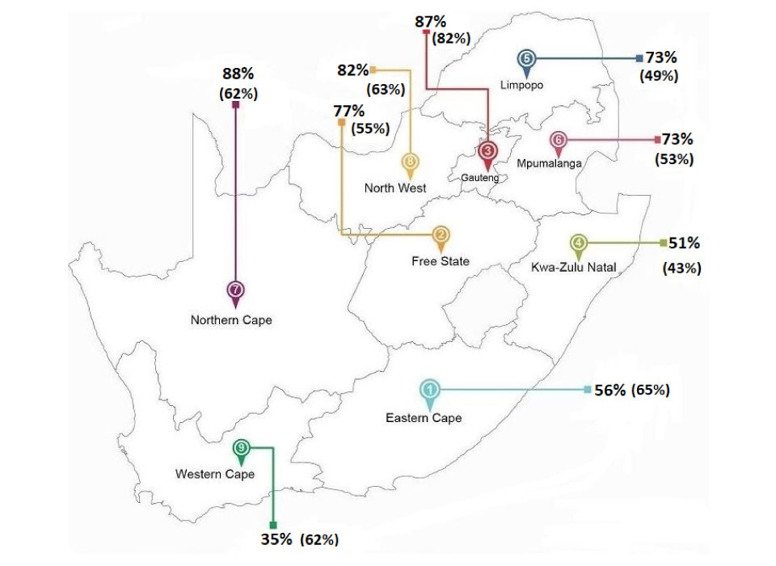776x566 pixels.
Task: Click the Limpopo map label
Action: point(521,84)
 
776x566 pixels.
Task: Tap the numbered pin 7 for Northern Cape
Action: point(235,290)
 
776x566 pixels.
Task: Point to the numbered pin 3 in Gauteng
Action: point(487,151)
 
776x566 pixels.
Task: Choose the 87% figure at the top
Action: point(430,22)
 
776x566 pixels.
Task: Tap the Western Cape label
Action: point(215,474)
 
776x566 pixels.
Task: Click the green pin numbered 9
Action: point(242,448)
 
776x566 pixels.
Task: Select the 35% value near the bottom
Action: point(276,539)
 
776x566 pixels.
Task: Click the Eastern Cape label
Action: point(424,417)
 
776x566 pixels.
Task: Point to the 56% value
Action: point(610,390)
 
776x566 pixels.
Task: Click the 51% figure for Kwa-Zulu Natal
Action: point(684,243)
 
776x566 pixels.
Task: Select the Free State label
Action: point(440,261)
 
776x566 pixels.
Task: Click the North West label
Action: point(395,188)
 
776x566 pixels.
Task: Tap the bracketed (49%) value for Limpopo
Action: point(659,76)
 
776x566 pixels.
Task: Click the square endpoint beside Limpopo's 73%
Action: point(639,58)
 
